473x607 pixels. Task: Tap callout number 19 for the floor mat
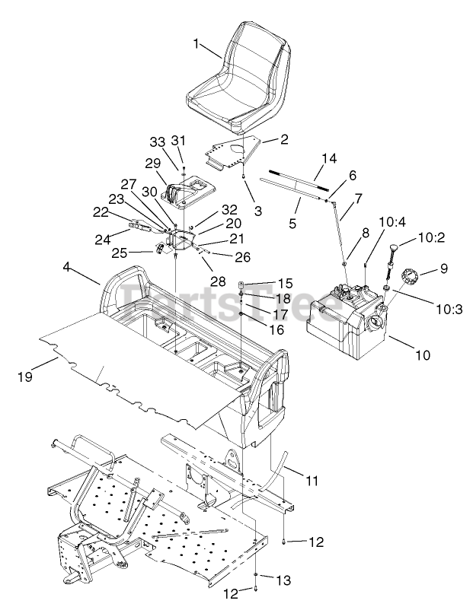(26, 374)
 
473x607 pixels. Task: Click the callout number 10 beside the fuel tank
(423, 354)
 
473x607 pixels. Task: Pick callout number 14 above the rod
(328, 158)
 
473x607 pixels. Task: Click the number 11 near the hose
(312, 481)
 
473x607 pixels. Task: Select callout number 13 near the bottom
(283, 580)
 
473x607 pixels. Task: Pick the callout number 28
(219, 281)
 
